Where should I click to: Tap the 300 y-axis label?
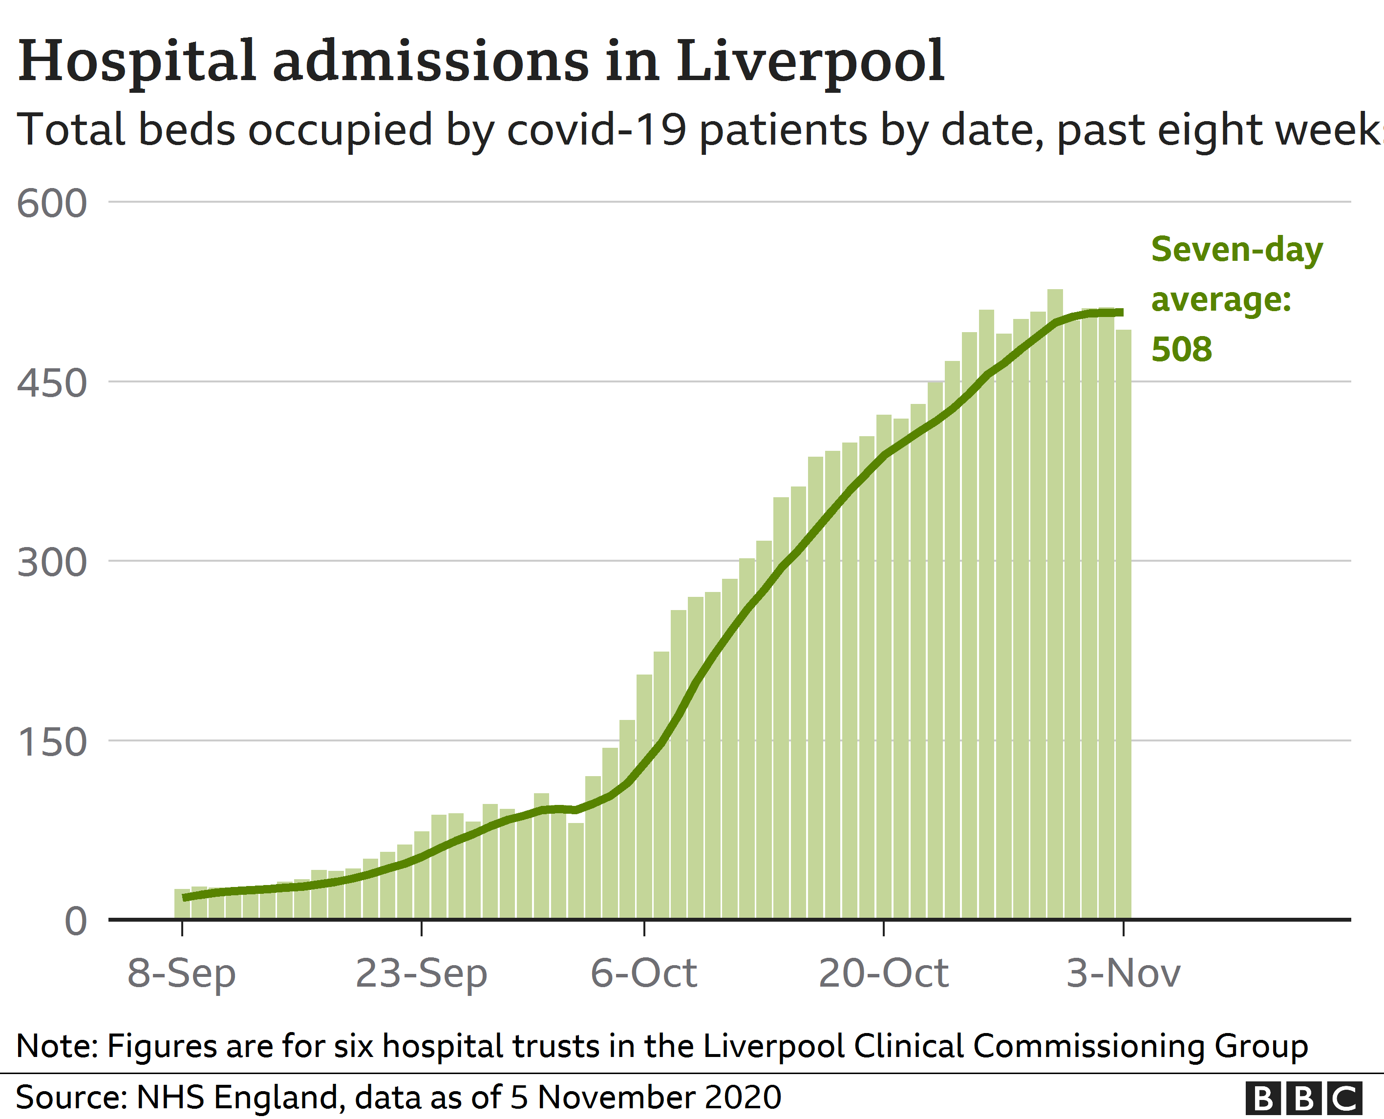52,563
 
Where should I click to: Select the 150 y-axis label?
52,742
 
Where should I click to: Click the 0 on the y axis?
75,922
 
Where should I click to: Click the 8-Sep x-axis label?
181,973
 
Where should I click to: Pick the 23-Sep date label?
421,973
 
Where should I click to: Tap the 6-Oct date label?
643,973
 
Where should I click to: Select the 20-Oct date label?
883,973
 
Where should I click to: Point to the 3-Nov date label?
1123,973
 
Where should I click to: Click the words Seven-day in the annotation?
1236,250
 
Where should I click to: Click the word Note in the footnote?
55,1046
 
